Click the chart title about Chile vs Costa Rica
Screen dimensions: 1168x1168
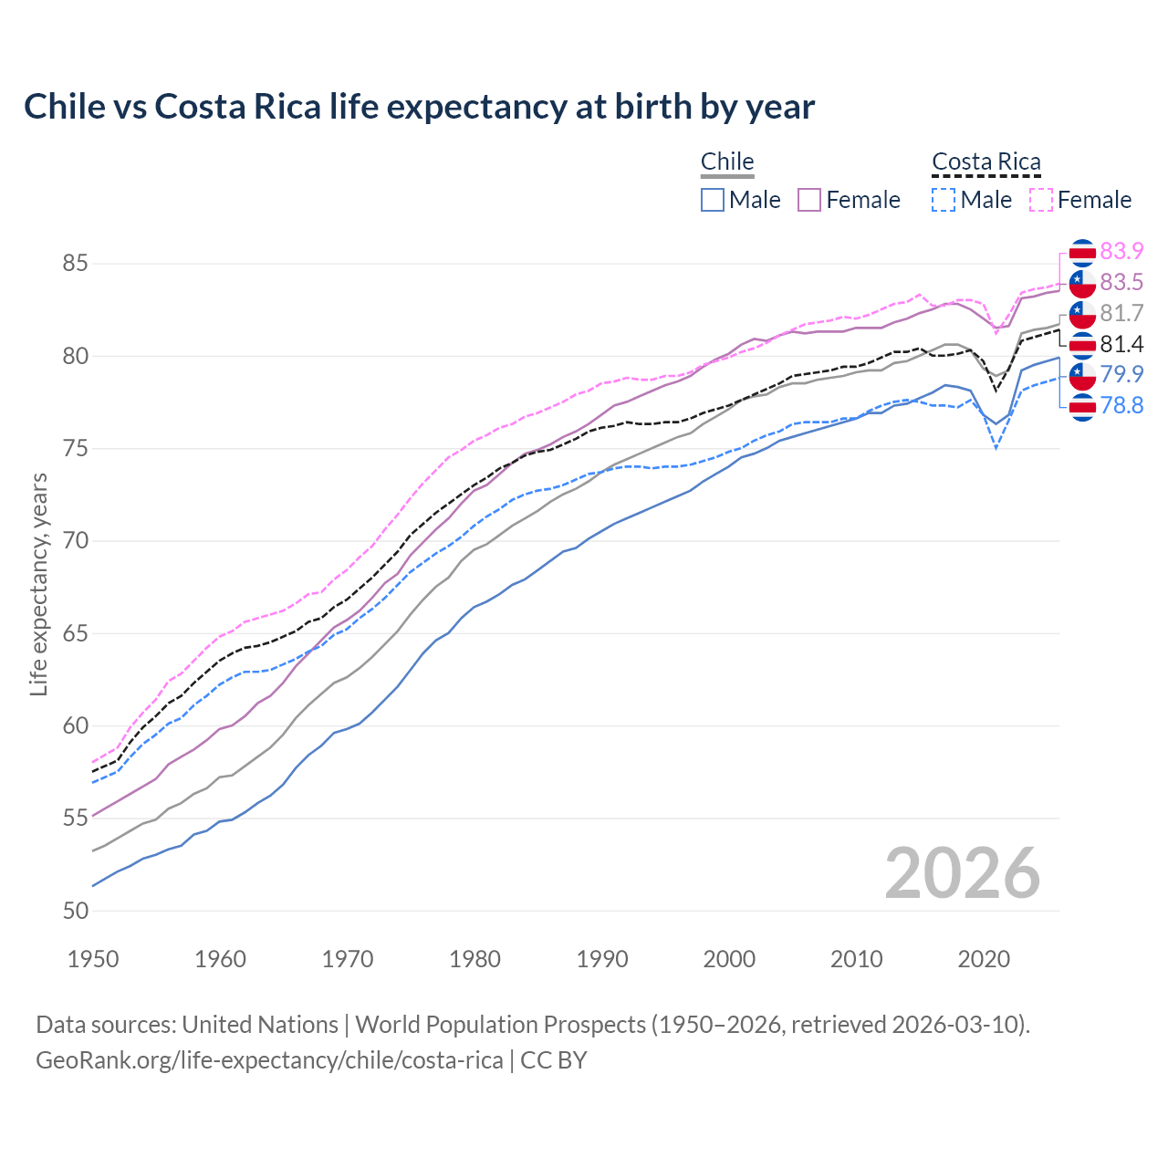tap(419, 107)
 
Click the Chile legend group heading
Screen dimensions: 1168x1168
tap(727, 162)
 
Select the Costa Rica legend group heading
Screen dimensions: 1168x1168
tap(985, 162)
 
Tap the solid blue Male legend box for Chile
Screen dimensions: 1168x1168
tap(713, 200)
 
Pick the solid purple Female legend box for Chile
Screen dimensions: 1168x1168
tap(809, 200)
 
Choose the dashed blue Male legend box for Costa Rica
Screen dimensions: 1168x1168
tap(944, 200)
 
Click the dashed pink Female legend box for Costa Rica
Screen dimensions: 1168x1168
tap(1041, 200)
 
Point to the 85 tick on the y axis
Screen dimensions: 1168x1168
tap(75, 264)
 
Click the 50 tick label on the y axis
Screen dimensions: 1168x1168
tap(75, 911)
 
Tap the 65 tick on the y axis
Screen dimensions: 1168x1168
tap(75, 633)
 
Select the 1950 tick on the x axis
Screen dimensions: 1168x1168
tap(93, 959)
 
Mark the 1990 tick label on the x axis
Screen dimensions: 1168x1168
tap(602, 959)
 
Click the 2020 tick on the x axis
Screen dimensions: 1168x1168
tap(984, 959)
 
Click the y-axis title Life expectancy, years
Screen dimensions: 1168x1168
tap(38, 584)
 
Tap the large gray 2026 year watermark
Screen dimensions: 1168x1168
tap(962, 873)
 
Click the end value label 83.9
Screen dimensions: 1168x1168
tap(1121, 251)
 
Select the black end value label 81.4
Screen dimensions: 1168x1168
tap(1121, 344)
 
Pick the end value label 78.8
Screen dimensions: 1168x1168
tap(1121, 405)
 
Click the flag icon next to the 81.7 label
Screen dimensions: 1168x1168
tap(1082, 314)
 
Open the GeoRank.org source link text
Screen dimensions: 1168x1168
tap(269, 1059)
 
